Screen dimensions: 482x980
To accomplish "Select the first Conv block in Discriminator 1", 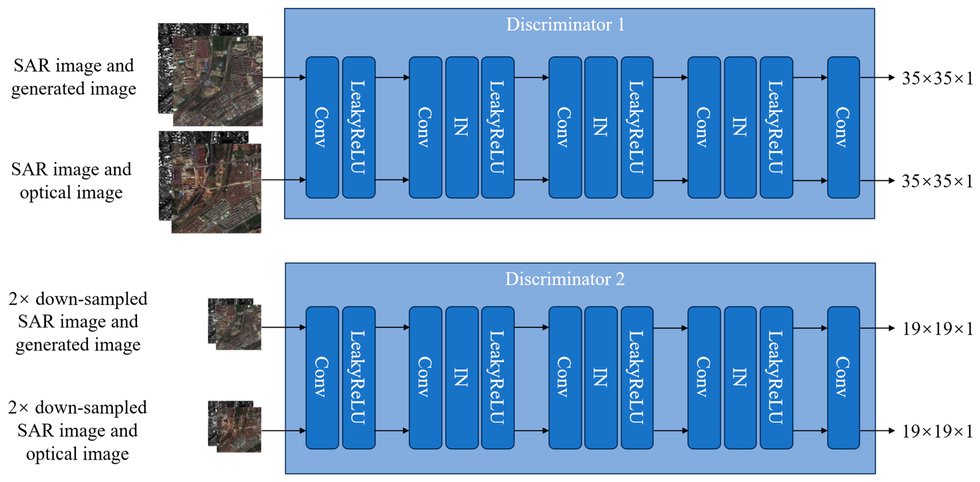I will pos(322,127).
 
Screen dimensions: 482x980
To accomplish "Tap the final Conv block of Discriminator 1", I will pos(843,127).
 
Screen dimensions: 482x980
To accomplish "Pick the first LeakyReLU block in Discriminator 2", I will pos(358,377).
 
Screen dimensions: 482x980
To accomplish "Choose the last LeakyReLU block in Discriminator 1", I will pos(776,127).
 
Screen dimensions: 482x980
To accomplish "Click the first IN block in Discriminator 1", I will pos(461,127).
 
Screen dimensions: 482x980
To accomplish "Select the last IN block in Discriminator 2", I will pos(740,377).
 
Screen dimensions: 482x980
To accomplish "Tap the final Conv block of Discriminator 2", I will pos(843,377).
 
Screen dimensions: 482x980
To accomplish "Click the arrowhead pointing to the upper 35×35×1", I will pos(891,78).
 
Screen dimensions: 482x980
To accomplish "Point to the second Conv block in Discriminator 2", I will pos(425,377).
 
